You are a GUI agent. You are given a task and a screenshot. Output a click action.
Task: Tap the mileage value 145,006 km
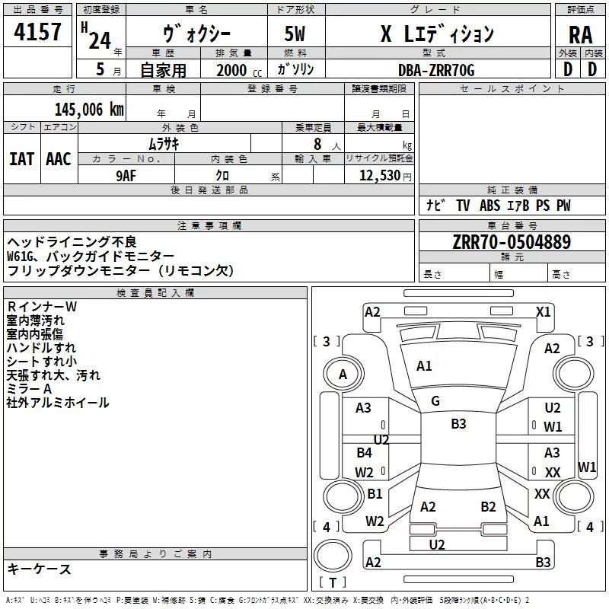tap(89, 110)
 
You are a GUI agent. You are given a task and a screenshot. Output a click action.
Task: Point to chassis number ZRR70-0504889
tap(512, 243)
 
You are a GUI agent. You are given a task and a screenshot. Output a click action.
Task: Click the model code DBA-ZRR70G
tap(436, 70)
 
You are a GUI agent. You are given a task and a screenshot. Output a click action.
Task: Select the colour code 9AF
tap(126, 174)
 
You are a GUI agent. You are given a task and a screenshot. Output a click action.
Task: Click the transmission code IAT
tap(21, 158)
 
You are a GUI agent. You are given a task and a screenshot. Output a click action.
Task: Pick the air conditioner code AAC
tap(59, 158)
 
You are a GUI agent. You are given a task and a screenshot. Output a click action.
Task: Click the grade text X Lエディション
tap(437, 35)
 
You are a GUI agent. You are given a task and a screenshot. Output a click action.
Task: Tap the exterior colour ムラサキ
tap(163, 142)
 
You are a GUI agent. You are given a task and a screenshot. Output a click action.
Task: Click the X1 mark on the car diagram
tap(543, 311)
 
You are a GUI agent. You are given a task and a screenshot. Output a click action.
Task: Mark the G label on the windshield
tap(435, 401)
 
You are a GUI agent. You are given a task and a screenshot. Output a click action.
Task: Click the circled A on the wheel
tap(343, 374)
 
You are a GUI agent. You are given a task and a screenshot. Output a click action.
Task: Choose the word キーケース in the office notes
tap(39, 569)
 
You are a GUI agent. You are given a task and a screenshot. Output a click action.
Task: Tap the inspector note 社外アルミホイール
tap(58, 403)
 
